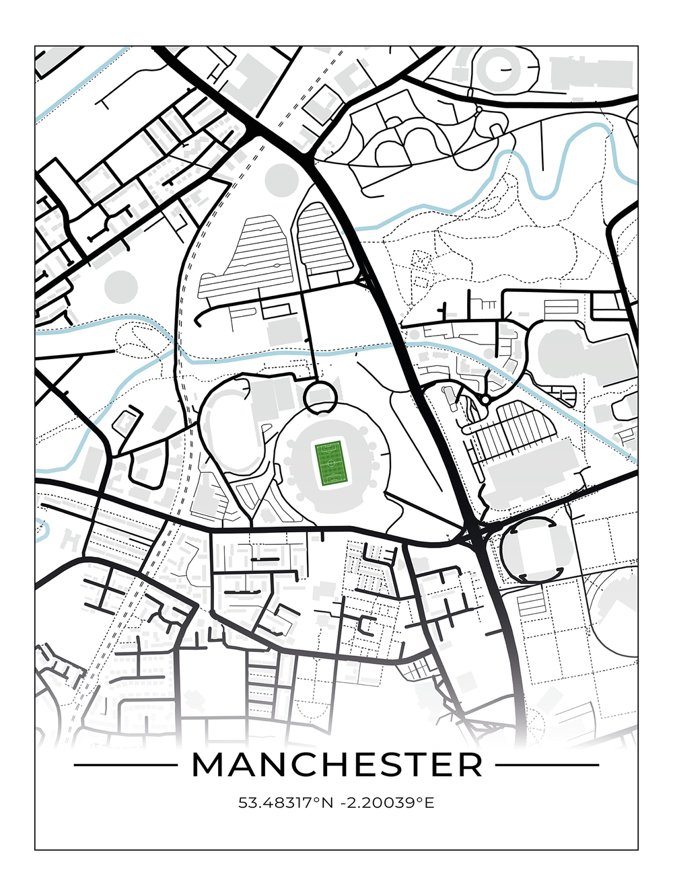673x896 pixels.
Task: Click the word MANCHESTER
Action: coord(337,765)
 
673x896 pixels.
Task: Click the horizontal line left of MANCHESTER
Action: coord(125,765)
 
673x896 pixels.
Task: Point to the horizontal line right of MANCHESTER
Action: coord(547,765)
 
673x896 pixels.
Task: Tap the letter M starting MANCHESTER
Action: coord(208,765)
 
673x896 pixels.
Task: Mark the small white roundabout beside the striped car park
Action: coord(485,400)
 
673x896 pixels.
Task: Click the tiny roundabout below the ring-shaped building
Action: coord(479,108)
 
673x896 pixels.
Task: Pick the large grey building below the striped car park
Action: coord(532,474)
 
